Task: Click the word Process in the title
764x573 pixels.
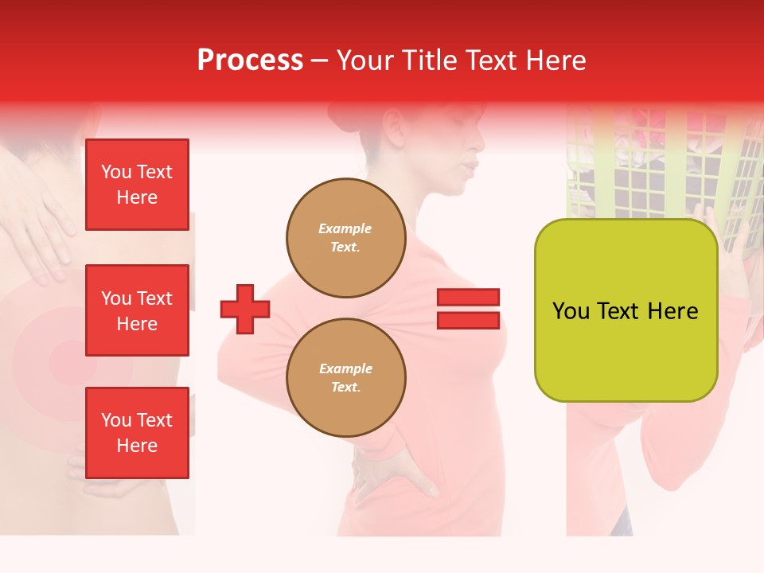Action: (250, 60)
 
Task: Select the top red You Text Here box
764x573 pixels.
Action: (137, 185)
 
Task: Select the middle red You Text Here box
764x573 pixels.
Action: (137, 310)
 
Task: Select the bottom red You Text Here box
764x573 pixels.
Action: (137, 432)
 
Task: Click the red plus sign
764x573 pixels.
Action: (245, 309)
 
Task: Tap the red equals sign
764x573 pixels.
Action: (468, 309)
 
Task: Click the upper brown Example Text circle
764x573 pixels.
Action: (345, 238)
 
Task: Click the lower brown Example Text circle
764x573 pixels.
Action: (345, 378)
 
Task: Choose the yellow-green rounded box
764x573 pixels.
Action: (626, 310)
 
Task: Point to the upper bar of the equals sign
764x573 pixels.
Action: (468, 298)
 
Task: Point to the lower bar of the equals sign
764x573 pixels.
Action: (468, 320)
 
